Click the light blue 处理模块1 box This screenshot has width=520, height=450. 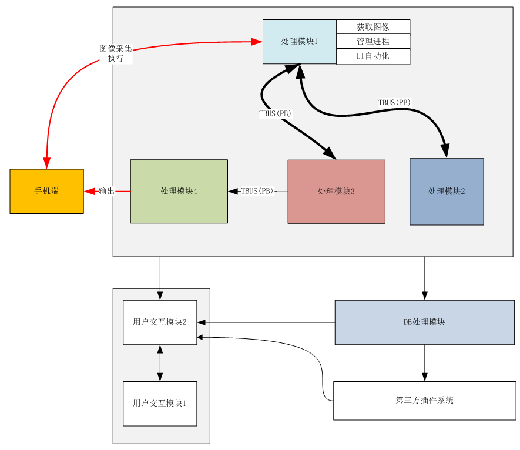299,42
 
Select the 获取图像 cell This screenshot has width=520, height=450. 373,27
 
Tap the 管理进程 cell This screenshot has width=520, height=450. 373,42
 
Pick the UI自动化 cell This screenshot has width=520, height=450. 373,56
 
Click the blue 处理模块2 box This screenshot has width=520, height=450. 447,192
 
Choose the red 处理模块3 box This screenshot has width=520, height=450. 336,192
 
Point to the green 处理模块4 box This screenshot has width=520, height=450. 179,192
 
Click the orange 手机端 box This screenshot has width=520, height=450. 46,192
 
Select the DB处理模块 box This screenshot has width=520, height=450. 424,323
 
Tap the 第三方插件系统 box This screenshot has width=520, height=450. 424,401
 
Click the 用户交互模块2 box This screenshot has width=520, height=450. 159,323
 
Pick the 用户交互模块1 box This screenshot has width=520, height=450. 159,404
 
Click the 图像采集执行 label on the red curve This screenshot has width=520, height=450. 115,53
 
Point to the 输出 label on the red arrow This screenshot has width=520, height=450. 106,191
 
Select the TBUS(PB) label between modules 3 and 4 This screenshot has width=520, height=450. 257,191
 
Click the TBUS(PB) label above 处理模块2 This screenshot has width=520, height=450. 394,102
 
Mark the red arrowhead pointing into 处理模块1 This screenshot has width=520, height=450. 257,42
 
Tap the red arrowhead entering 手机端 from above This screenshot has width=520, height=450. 46,163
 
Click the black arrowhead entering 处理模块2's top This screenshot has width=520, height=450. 446,152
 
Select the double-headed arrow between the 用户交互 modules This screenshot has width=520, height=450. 160,363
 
